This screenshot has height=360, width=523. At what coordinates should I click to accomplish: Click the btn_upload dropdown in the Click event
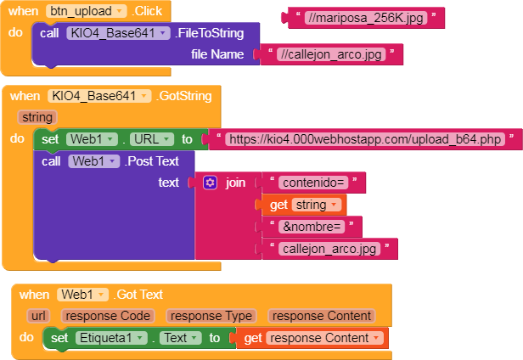coord(87,11)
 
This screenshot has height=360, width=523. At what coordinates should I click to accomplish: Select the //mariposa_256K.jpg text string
coord(366,18)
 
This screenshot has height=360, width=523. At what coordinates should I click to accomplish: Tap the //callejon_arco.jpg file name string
coord(331,54)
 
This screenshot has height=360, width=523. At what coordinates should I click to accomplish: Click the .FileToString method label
coord(210,33)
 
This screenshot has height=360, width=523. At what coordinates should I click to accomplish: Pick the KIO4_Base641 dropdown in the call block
coord(118,33)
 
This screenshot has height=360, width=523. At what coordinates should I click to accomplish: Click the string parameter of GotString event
coord(37,117)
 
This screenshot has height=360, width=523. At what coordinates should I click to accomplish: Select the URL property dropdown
coord(152,139)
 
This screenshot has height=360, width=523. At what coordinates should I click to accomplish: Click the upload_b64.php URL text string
coord(365,139)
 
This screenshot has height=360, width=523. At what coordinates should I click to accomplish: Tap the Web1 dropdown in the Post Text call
coord(93,161)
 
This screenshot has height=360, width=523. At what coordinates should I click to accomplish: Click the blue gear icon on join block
coord(211,183)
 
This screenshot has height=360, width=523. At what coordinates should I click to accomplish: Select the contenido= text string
coord(313,183)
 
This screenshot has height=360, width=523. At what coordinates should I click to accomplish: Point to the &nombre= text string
coord(312,227)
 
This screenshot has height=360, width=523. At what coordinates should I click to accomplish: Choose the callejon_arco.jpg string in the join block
coord(329,249)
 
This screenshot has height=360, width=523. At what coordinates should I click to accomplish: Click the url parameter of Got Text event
coord(39,316)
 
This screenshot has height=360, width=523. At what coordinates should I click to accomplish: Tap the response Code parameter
coord(108,316)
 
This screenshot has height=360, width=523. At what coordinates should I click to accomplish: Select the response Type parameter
coord(211,316)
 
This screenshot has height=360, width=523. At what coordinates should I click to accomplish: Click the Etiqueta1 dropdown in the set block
coord(111,338)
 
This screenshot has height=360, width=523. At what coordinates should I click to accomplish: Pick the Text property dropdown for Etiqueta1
coord(181,338)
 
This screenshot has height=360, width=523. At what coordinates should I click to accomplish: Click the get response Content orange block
coord(312,338)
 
